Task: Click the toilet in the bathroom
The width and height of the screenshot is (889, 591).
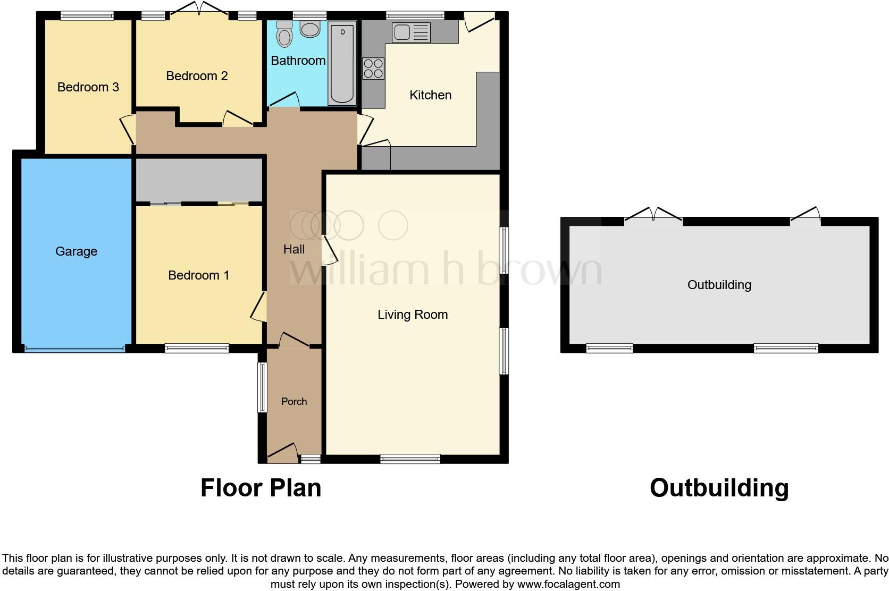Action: [x=285, y=35]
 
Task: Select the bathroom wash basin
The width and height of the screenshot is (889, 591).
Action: [x=310, y=29]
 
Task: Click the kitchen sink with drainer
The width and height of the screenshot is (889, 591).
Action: [x=411, y=32]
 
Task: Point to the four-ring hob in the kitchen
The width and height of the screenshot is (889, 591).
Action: [x=373, y=68]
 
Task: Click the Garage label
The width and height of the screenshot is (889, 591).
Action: [x=76, y=251]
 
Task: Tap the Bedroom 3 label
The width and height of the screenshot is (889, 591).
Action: [x=88, y=87]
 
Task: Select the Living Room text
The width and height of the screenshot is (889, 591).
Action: [x=413, y=315]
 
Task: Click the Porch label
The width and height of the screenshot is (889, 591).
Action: [x=294, y=402]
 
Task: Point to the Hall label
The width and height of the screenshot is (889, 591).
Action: [x=294, y=249]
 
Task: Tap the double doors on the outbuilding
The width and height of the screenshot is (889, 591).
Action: [x=653, y=215]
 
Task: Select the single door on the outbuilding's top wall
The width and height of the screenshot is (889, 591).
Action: [x=806, y=215]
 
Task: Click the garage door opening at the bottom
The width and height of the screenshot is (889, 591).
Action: [x=74, y=349]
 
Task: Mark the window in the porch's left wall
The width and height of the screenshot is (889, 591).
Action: [x=262, y=387]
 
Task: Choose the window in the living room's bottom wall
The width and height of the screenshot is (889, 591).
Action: [x=410, y=459]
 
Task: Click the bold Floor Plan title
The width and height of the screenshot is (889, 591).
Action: [x=261, y=488]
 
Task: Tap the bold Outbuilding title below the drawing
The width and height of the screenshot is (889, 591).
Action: [x=719, y=488]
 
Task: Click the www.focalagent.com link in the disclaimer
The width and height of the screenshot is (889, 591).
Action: [x=568, y=584]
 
